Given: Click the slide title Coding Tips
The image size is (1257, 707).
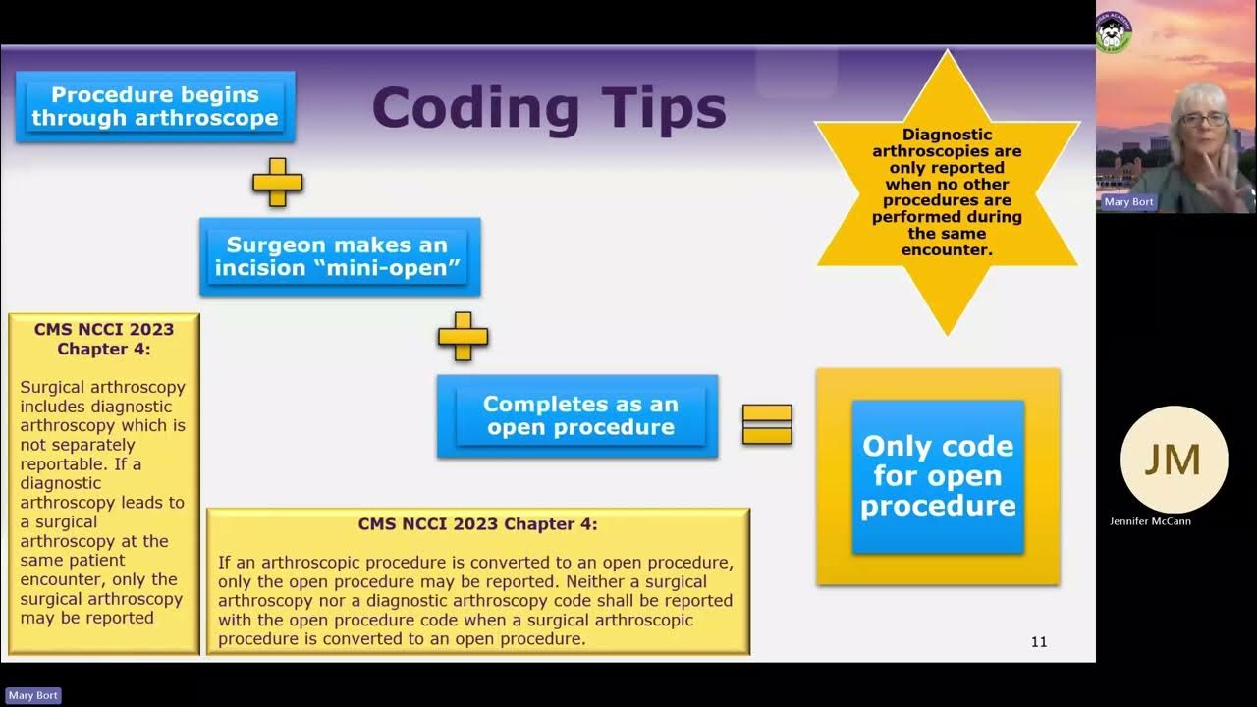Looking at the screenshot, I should [x=548, y=109].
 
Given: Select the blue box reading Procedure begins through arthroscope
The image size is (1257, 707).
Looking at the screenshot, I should [x=155, y=107].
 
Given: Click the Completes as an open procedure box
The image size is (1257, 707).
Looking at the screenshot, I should [x=577, y=415].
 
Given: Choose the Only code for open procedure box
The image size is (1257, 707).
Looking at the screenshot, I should [x=938, y=476].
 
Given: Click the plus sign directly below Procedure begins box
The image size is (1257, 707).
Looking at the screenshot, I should [x=277, y=182].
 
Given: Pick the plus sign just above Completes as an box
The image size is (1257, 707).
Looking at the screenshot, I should [x=463, y=336].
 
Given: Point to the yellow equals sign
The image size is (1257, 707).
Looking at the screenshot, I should [x=767, y=424].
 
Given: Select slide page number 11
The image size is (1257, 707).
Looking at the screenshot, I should [x=1038, y=642].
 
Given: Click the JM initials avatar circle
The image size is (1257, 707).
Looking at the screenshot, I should [x=1174, y=460].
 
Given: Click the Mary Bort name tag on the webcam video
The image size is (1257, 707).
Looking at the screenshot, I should [x=1127, y=202].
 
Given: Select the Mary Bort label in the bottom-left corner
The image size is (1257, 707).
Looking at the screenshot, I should [x=33, y=695].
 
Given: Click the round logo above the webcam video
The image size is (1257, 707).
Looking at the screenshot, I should [x=1114, y=30].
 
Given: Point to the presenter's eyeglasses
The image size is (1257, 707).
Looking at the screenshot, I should [x=1204, y=119].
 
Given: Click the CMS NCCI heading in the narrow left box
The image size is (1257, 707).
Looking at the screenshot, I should [x=104, y=339].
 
